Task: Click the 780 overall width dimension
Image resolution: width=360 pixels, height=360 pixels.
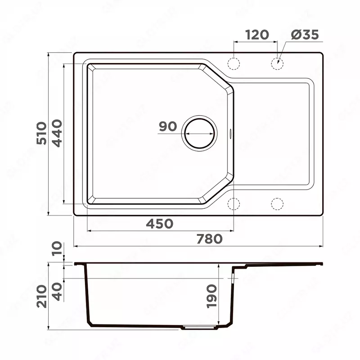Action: click(x=210, y=239)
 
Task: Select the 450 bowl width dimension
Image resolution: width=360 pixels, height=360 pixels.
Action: click(x=160, y=224)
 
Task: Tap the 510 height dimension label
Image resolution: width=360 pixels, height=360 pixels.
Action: click(x=42, y=134)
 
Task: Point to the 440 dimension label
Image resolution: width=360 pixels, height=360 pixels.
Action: click(x=57, y=134)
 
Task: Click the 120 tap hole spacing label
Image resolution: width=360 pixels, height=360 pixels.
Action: click(x=256, y=35)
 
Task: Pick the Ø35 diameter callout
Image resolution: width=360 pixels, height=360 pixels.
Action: click(x=305, y=35)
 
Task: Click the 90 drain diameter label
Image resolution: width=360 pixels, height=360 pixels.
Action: click(x=168, y=127)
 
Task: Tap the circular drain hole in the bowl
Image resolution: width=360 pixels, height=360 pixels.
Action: click(x=199, y=132)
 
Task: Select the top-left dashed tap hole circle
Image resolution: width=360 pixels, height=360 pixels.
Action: click(x=234, y=64)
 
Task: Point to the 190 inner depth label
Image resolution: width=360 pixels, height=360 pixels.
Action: click(x=211, y=296)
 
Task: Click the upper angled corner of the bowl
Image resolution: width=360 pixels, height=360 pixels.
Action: click(x=219, y=79)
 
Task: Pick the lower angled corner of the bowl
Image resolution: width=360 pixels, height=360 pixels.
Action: click(x=219, y=189)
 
